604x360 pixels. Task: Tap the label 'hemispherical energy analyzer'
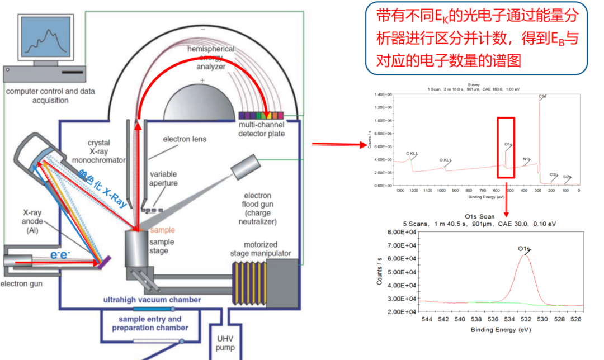coord(210,58)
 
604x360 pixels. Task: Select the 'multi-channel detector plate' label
coord(261,130)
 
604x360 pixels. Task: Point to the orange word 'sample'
coord(163,230)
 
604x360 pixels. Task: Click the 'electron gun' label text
coord(21,283)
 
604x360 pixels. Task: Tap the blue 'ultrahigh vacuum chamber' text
coord(152,300)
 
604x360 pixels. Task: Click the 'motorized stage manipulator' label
coord(260,249)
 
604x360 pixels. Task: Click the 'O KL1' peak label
coord(445,160)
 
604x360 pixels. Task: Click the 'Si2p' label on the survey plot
coord(567,177)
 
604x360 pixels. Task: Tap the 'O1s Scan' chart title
coord(480,216)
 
